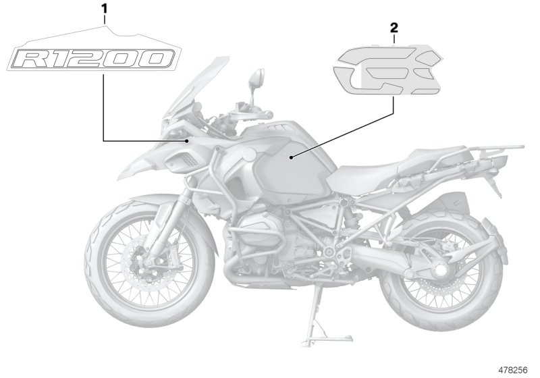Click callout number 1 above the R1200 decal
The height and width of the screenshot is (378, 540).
[x=104, y=9]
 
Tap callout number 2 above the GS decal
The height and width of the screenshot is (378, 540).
[x=394, y=28]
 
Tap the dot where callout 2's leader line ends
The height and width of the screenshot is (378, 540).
[x=291, y=157]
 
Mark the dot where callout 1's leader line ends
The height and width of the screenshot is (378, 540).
[x=186, y=140]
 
